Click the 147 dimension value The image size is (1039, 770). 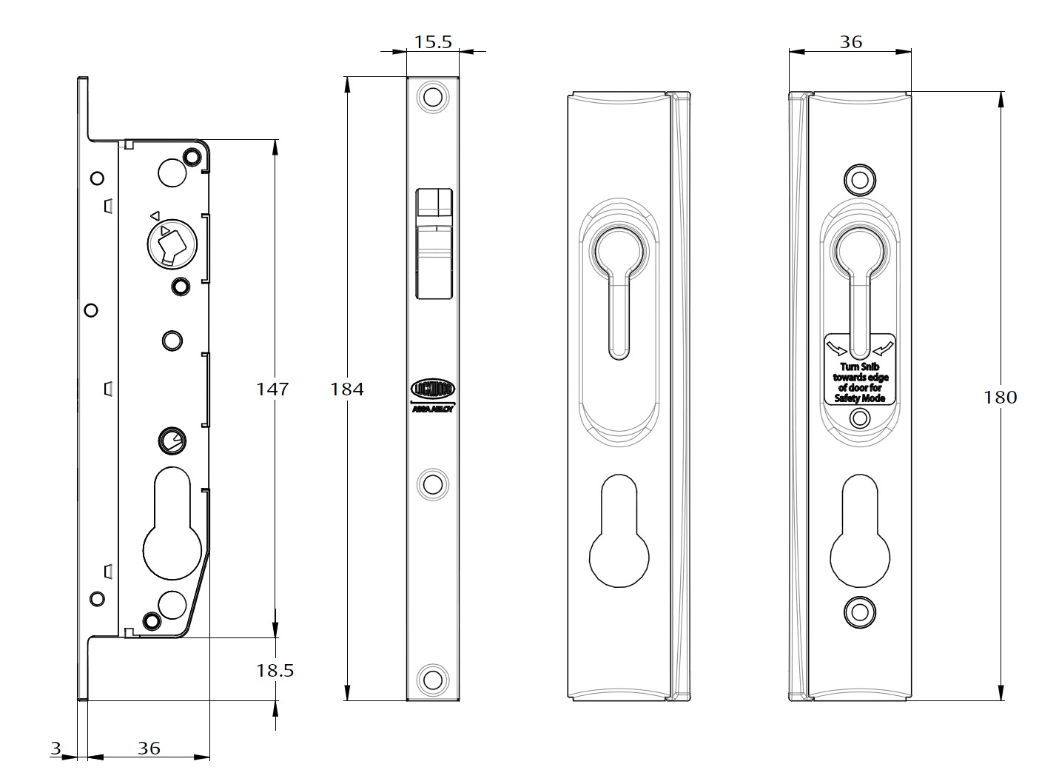click(272, 388)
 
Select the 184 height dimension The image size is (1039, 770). click(347, 389)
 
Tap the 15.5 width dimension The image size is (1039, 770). click(433, 41)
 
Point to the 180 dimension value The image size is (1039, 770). click(1000, 397)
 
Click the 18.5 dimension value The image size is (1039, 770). click(275, 670)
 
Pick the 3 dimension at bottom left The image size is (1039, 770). click(56, 748)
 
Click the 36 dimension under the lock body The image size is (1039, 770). click(149, 748)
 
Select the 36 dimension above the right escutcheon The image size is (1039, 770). click(850, 41)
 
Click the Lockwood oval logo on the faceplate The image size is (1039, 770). click(433, 389)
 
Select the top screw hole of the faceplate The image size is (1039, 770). click(432, 98)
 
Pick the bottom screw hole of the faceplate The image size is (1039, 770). click(432, 677)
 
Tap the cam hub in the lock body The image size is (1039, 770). click(170, 243)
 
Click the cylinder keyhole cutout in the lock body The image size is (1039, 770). click(172, 526)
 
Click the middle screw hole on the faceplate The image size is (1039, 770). click(432, 485)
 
